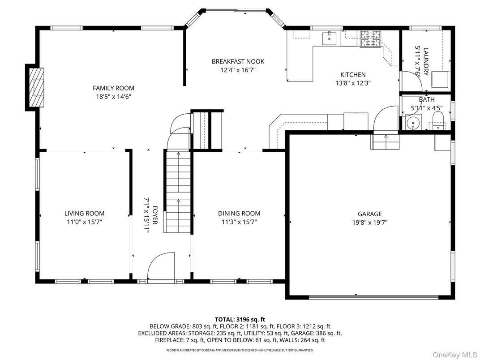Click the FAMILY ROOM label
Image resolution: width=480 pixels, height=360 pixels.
coord(113,88)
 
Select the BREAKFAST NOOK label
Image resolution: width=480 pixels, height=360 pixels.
coord(238,61)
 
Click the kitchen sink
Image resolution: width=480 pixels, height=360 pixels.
coord(329,38)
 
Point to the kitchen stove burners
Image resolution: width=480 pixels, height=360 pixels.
coord(370,39)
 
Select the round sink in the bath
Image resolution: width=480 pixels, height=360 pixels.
coord(413,122)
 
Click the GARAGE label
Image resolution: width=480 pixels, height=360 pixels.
coord(370,214)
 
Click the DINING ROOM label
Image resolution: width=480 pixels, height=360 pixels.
coord(239,214)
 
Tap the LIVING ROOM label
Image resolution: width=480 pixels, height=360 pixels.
coord(84,214)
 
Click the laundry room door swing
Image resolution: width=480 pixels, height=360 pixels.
coord(411,81)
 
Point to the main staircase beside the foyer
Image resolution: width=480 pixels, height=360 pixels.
coord(178,192)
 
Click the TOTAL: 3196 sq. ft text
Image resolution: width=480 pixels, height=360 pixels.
coord(240,320)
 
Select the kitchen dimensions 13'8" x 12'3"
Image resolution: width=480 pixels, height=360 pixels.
coord(353,83)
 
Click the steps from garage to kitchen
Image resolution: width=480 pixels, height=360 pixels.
coord(385,141)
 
